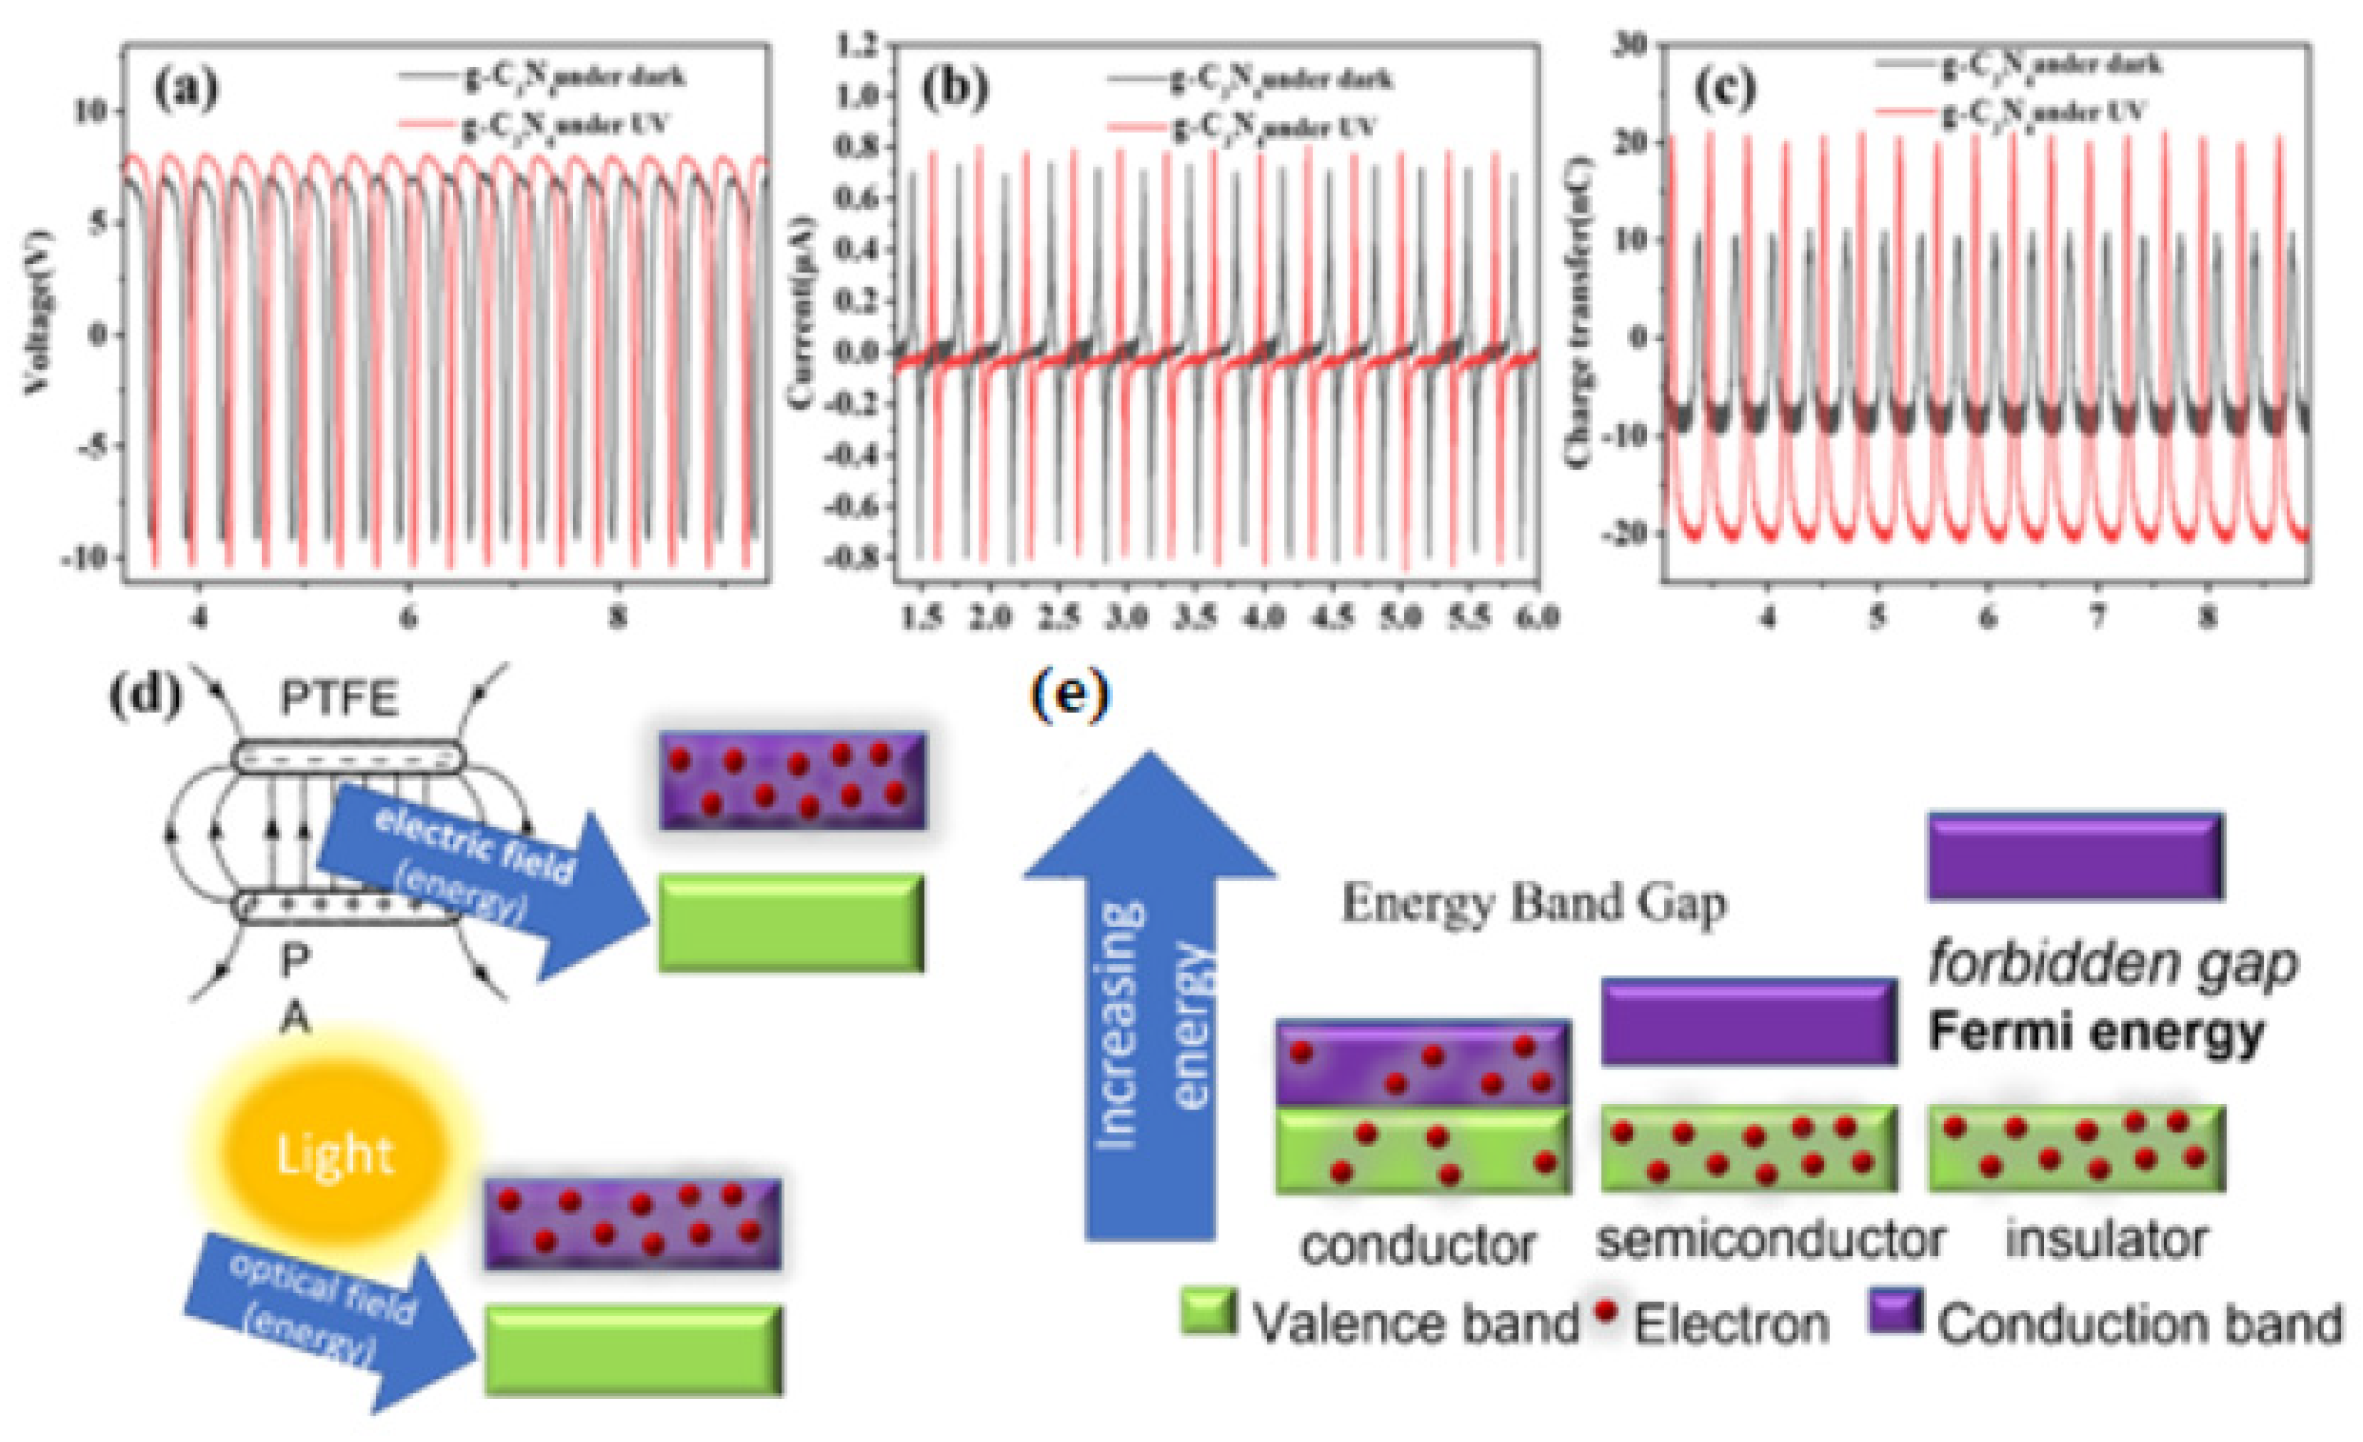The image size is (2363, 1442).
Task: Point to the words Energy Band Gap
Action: coord(1534,903)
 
